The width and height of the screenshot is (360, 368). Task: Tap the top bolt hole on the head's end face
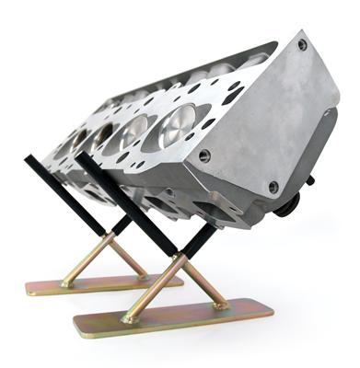tap(302, 44)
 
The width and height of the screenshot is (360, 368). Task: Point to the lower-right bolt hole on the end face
tap(273, 187)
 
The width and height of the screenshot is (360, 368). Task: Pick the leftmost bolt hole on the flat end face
tap(203, 156)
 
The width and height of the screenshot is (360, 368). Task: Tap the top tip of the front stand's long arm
tap(82, 155)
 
